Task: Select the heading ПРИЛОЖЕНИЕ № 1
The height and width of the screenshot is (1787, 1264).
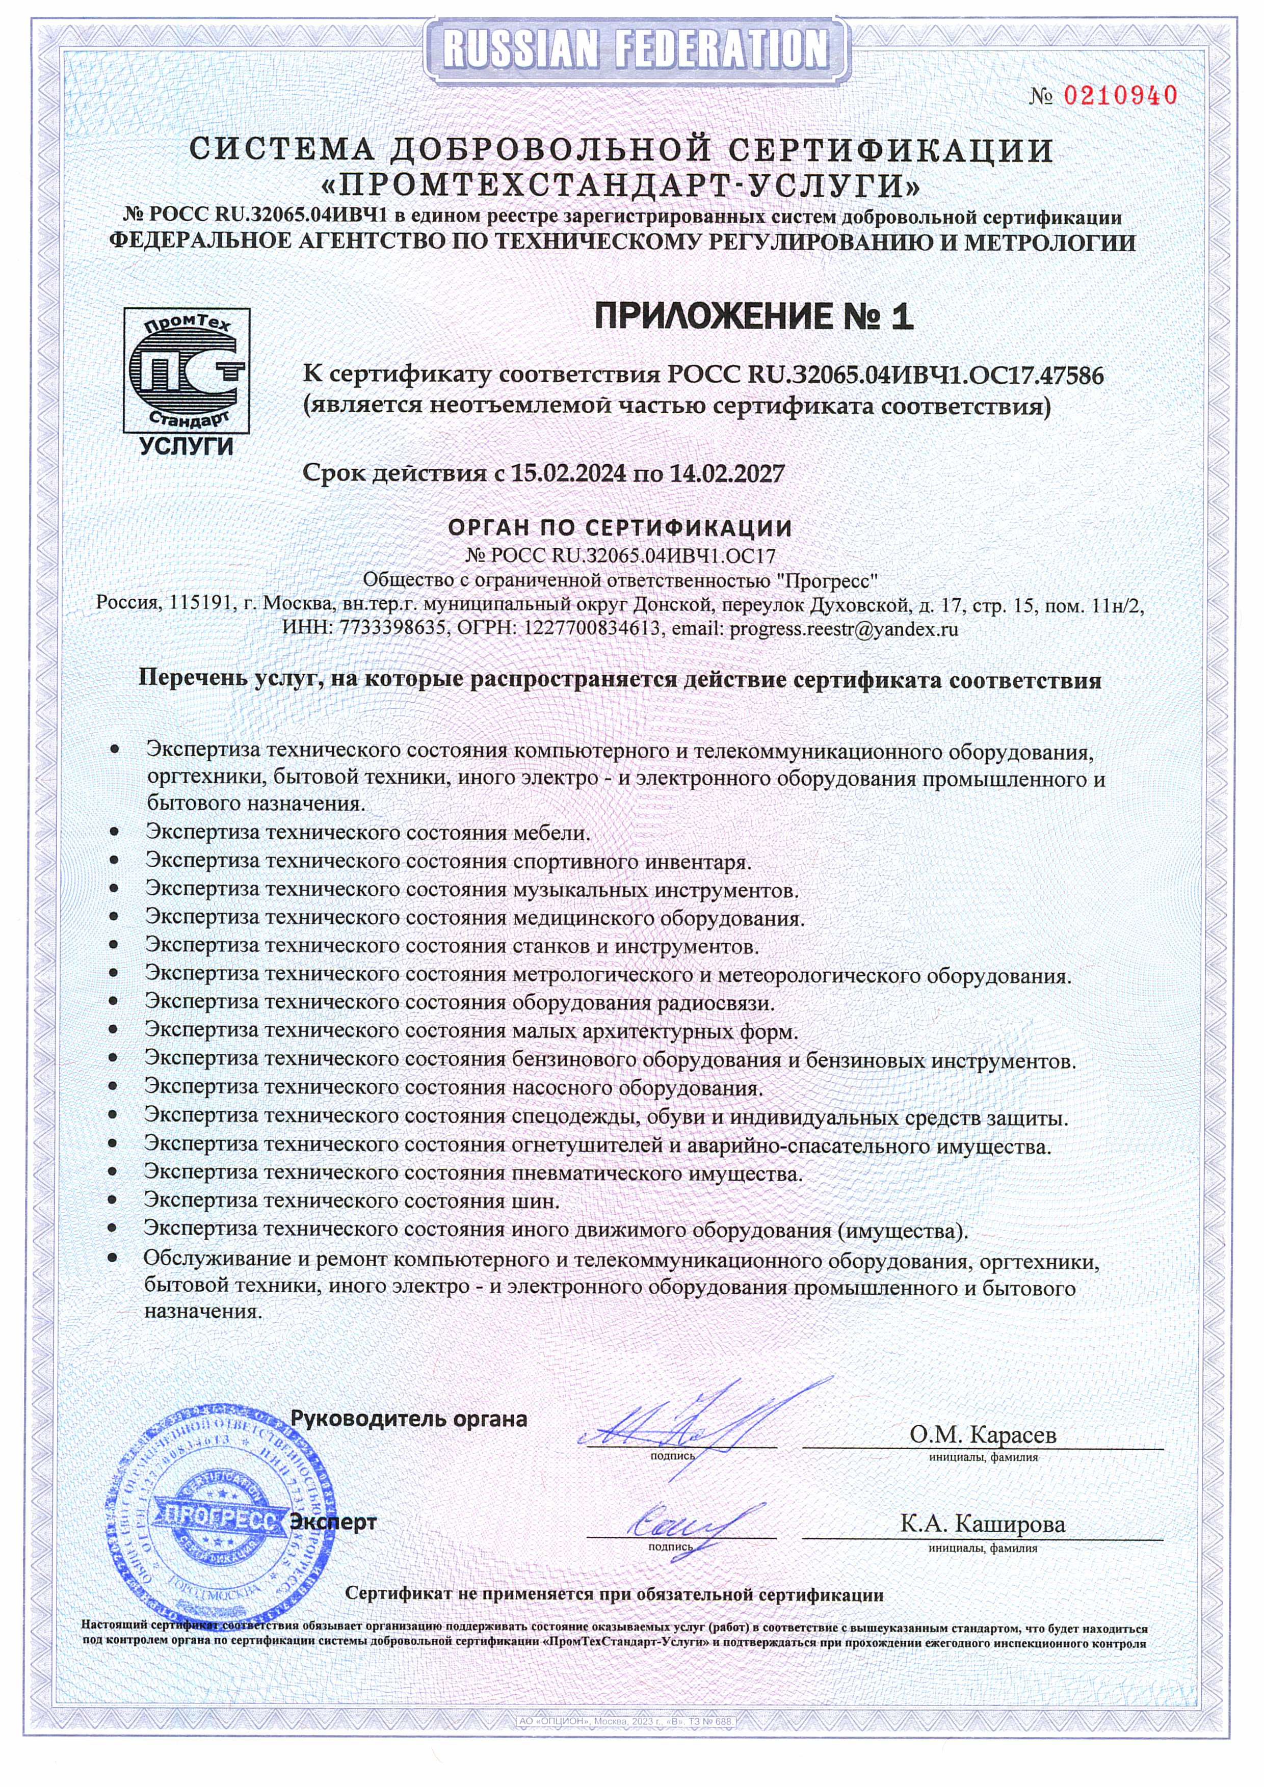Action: pyautogui.click(x=753, y=317)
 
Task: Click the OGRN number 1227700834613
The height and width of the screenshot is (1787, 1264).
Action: pyautogui.click(x=588, y=629)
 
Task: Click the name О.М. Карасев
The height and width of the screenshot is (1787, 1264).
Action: pyautogui.click(x=983, y=1434)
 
